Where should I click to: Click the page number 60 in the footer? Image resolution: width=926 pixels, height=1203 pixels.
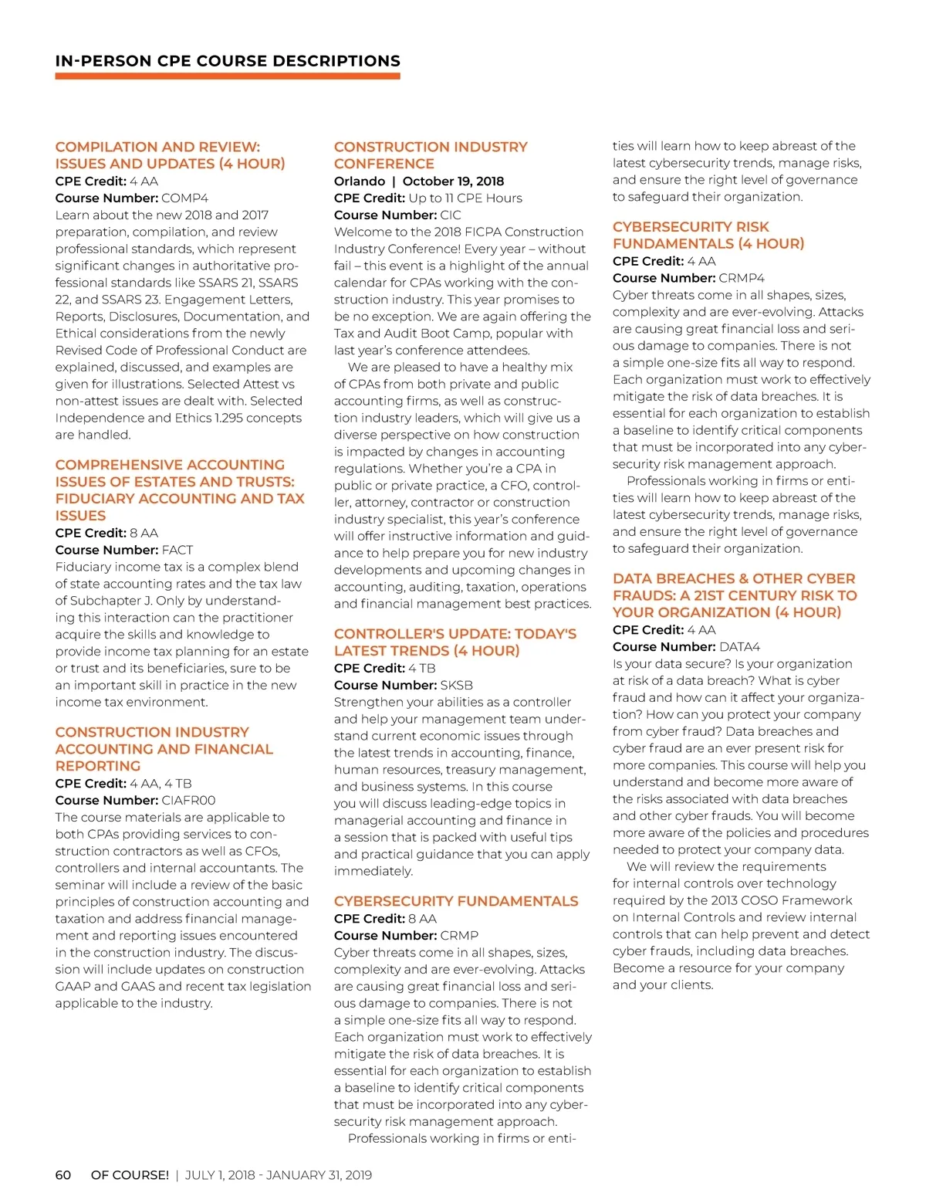coord(63,1175)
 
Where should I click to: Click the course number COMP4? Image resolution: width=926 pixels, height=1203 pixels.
coord(184,198)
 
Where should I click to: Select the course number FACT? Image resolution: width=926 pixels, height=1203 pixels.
coord(177,551)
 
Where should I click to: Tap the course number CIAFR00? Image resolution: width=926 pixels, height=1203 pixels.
coord(188,801)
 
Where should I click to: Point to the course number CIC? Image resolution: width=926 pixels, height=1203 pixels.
coord(451,215)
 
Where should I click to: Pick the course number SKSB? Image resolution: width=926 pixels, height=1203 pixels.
coord(457,686)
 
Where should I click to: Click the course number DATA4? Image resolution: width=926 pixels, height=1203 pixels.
coord(739,647)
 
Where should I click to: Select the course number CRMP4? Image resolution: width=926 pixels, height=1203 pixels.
coord(742,278)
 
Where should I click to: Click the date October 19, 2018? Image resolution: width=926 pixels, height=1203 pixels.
coord(453,181)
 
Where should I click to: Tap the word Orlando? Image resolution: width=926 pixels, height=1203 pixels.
coord(360,181)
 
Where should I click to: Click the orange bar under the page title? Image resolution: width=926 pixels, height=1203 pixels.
coord(228,76)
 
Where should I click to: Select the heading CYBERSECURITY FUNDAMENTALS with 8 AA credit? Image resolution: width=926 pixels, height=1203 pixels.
coord(456,901)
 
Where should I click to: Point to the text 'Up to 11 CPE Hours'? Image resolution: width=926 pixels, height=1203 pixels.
coord(465,198)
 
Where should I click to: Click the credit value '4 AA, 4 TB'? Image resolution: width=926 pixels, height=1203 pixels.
coord(161,784)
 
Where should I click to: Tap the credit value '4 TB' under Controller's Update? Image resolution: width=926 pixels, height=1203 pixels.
coord(422,669)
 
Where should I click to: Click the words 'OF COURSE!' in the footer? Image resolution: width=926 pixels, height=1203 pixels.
coord(130,1175)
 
